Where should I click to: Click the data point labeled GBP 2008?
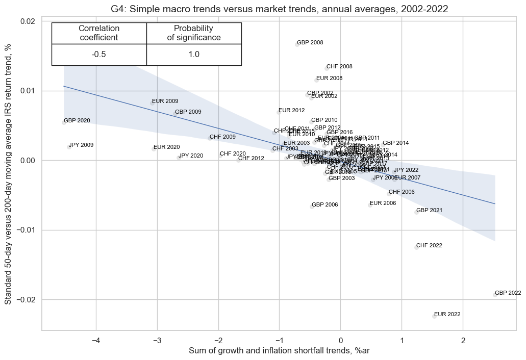click(x=296, y=44)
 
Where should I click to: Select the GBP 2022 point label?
click(x=508, y=293)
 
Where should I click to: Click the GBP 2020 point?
click(x=64, y=122)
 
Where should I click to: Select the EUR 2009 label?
click(x=165, y=101)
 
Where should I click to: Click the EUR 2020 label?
click(x=166, y=147)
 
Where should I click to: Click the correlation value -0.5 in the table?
click(x=99, y=55)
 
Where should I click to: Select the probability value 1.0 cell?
click(x=194, y=55)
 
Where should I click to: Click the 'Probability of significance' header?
click(x=194, y=33)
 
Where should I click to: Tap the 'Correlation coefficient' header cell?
click(x=99, y=33)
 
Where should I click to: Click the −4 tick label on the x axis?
click(x=95, y=341)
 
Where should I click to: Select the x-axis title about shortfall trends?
click(x=279, y=351)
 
